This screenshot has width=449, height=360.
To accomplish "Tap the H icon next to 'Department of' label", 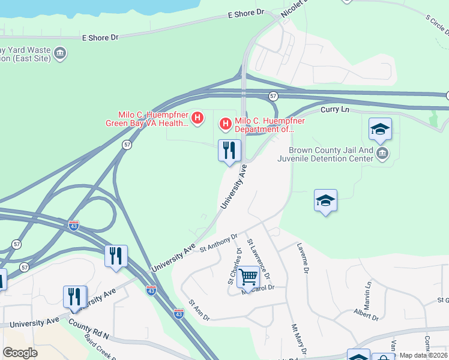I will (226, 124).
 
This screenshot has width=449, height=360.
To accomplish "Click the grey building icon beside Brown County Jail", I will (382, 155).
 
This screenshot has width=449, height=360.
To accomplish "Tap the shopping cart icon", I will (248, 277).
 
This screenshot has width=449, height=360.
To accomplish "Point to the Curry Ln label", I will (335, 110).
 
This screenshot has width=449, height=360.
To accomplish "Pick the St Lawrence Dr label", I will (262, 259).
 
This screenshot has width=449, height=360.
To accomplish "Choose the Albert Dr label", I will (366, 313).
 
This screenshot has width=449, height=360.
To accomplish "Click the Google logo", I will (20, 353).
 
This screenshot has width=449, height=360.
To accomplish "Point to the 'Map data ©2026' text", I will (424, 355).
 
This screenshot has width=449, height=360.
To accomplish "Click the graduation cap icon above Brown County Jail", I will (379, 129).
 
